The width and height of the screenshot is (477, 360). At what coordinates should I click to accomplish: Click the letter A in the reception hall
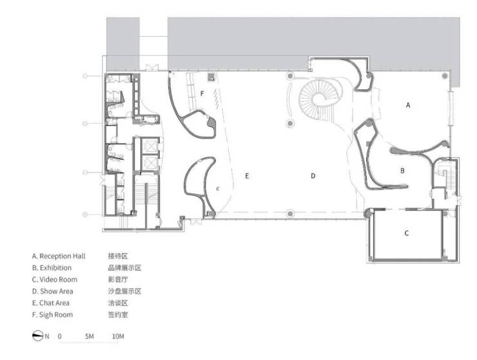[x=408, y=105]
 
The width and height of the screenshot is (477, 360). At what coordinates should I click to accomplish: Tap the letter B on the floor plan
[x=402, y=171]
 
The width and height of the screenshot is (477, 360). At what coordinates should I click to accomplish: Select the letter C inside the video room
[x=407, y=233]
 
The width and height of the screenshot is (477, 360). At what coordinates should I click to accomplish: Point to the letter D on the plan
[x=313, y=176]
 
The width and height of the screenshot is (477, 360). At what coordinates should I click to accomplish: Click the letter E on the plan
[x=247, y=176]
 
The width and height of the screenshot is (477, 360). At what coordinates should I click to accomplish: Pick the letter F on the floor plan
[x=202, y=93]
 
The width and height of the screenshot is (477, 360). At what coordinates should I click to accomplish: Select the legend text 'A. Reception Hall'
[x=59, y=256]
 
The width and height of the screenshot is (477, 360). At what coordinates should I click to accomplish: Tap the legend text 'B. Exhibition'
[x=52, y=268]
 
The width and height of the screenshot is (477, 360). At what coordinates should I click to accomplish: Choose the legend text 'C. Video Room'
[x=55, y=279]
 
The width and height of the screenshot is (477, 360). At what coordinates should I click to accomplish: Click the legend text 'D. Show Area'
[x=53, y=291]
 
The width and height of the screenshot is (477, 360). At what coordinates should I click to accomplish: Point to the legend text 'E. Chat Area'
[x=51, y=303]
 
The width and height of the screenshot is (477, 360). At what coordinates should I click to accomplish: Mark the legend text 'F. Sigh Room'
[x=53, y=315]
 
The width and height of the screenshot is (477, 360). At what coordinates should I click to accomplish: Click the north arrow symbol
[x=38, y=336]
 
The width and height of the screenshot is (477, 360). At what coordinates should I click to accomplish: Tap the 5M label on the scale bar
[x=90, y=336]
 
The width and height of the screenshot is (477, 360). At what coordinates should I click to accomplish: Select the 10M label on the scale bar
[x=118, y=336]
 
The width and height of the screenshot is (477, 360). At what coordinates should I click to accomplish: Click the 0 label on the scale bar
[x=59, y=336]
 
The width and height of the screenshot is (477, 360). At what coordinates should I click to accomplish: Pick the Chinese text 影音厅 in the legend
[x=118, y=279]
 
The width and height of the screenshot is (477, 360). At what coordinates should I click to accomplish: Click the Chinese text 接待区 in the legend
[x=118, y=256]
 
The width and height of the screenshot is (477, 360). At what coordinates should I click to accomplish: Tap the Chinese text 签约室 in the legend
[x=118, y=315]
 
